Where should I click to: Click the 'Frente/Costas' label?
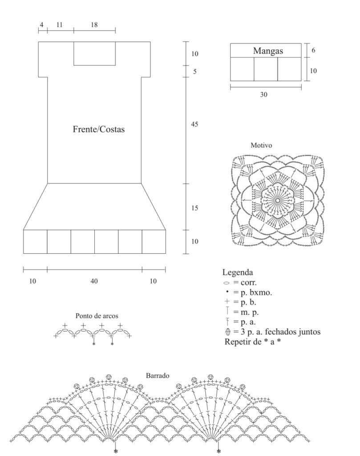tap(98, 129)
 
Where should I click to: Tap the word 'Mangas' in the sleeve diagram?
tap(268, 51)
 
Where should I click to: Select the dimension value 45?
tap(194, 124)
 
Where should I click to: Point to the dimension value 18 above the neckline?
tap(94, 25)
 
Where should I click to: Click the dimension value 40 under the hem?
tap(94, 281)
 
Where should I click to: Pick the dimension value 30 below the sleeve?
tap(263, 94)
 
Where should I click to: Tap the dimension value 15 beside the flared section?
tap(194, 208)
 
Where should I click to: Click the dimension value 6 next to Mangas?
tap(313, 50)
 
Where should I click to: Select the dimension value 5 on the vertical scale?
tap(194, 71)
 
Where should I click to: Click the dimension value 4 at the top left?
tap(41, 25)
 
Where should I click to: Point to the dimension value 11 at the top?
tap(59, 25)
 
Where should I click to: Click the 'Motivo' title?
tap(261, 145)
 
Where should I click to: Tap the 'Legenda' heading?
tap(238, 273)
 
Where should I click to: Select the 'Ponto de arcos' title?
tap(97, 316)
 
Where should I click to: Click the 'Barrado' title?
tap(158, 375)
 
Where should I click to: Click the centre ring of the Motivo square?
tap(278, 200)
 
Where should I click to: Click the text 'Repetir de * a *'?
tap(252, 342)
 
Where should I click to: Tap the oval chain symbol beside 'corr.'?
tap(227, 283)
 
